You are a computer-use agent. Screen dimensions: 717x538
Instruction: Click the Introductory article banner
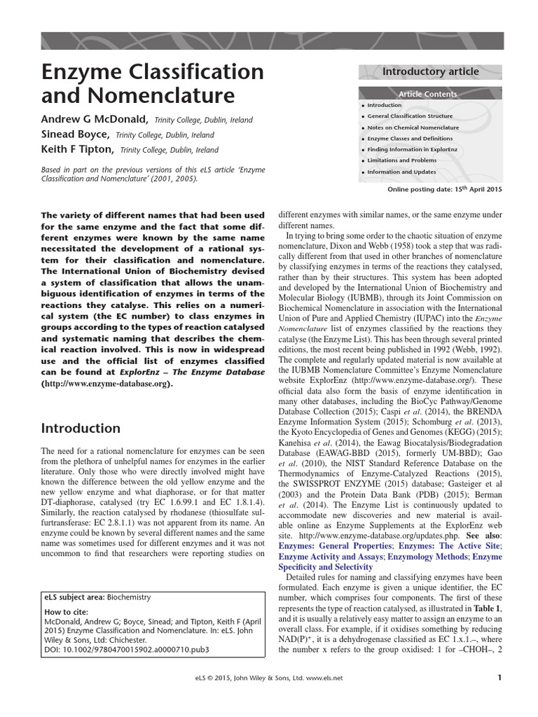click(x=430, y=71)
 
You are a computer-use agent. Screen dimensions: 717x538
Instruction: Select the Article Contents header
click(x=427, y=94)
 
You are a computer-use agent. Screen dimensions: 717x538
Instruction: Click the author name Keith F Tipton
click(x=77, y=150)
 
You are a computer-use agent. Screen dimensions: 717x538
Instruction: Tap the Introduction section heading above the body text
click(x=81, y=428)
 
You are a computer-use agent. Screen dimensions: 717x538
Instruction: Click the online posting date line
click(x=444, y=190)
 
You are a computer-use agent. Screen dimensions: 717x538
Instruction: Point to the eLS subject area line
click(x=97, y=597)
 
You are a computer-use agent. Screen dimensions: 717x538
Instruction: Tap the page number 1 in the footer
click(x=499, y=677)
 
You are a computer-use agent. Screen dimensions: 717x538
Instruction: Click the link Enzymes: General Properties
click(x=326, y=545)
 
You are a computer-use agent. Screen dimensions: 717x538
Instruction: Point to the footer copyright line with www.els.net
click(x=268, y=678)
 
